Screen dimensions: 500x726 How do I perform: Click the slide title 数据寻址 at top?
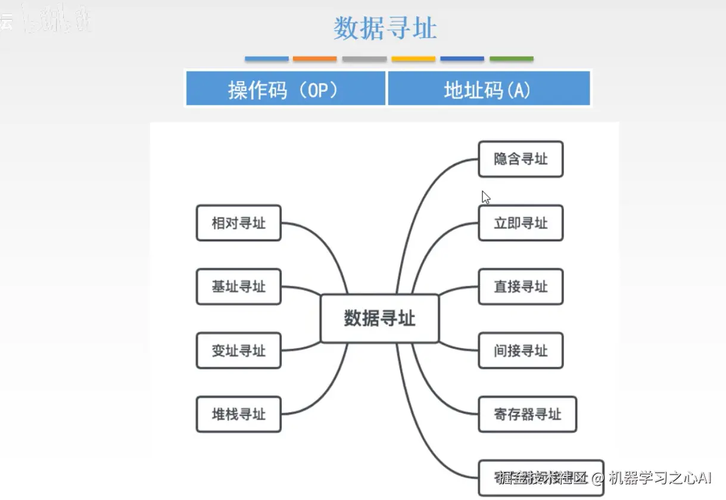tap(385, 29)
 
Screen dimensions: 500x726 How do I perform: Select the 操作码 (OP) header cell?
tap(285, 89)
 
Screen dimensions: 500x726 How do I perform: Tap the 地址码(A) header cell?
tap(488, 89)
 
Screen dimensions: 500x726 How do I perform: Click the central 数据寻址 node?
tap(379, 318)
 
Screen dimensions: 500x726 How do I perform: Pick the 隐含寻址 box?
tap(520, 159)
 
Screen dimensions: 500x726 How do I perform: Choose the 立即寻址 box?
tap(520, 223)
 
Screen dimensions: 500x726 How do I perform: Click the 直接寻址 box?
tap(520, 287)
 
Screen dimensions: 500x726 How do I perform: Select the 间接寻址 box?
tap(520, 350)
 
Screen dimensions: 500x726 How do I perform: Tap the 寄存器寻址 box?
tap(527, 414)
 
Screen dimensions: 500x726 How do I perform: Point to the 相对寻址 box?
tap(238, 223)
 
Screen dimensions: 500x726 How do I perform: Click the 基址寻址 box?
tap(238, 287)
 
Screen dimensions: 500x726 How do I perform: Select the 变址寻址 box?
tap(238, 350)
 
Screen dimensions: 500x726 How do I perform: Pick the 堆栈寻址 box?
tap(238, 414)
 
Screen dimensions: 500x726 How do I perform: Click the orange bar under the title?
tap(315, 59)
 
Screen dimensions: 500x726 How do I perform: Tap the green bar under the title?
tap(511, 59)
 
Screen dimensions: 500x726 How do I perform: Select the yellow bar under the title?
tap(413, 59)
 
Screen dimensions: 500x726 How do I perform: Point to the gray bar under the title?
tap(364, 59)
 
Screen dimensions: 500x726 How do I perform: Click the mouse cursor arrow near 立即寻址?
tap(485, 197)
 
